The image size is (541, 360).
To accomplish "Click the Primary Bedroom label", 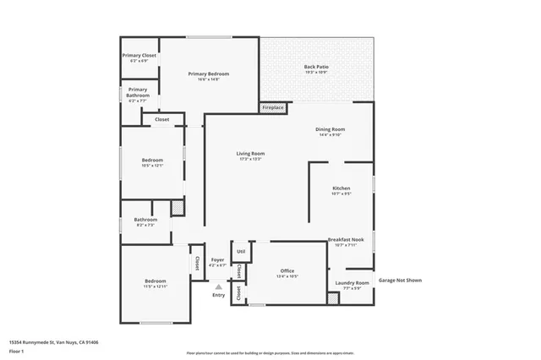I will click(x=208, y=74).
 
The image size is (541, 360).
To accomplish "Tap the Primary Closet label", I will click(x=139, y=55).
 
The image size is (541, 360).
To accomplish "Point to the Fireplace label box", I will click(x=273, y=108).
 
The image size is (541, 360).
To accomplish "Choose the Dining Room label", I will click(x=330, y=129).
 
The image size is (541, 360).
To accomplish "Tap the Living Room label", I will click(x=250, y=153).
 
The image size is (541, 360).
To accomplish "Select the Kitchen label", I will click(x=341, y=188).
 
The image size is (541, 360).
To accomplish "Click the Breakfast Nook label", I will click(x=345, y=240).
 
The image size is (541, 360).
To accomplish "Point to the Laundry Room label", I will click(x=351, y=282).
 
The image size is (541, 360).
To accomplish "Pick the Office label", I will click(x=287, y=270).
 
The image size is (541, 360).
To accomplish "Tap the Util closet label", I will click(x=241, y=251).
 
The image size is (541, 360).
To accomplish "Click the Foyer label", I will click(x=217, y=259).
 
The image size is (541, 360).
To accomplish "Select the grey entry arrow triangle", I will click(x=218, y=286).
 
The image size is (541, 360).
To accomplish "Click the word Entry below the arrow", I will click(x=218, y=295).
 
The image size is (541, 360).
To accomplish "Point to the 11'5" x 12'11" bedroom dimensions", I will click(x=155, y=286).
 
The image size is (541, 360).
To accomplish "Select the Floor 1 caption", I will click(x=17, y=350).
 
